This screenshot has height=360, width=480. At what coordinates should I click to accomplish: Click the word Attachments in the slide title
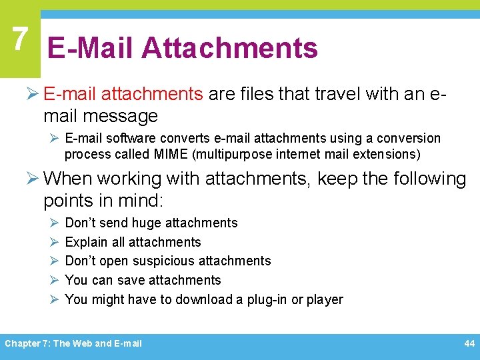(229, 48)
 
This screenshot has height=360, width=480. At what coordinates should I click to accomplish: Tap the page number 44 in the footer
(469, 343)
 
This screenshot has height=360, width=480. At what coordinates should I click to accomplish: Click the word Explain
(87, 242)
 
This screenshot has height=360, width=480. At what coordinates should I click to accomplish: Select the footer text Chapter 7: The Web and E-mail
(73, 343)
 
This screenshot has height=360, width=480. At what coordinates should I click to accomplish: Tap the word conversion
(409, 138)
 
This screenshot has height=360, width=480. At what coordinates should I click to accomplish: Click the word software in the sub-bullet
(129, 138)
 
